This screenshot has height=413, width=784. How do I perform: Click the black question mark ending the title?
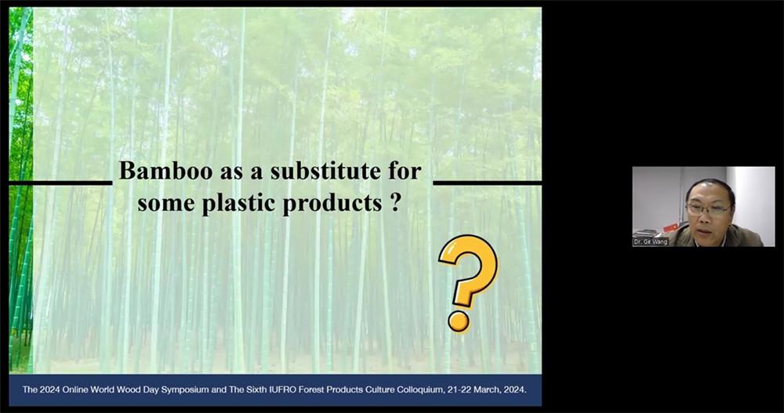[x=394, y=202]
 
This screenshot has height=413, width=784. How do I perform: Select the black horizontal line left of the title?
[x=60, y=183]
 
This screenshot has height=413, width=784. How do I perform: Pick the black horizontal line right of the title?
[x=487, y=183]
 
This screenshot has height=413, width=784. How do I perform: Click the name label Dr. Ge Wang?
[x=651, y=242]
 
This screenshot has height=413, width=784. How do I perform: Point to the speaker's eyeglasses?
[x=707, y=209]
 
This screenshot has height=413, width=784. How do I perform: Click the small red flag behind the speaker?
[x=669, y=227]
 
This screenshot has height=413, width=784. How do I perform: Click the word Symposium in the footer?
[x=186, y=389]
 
